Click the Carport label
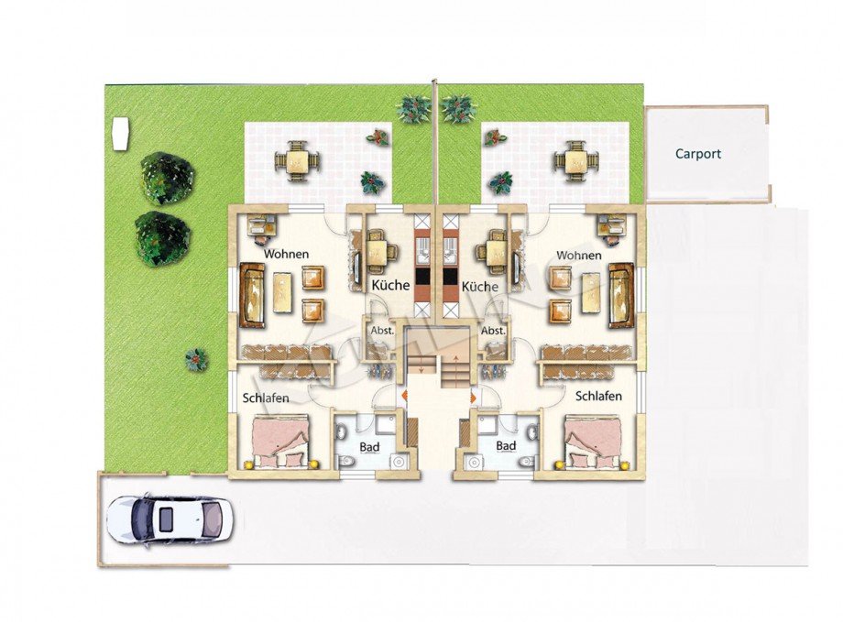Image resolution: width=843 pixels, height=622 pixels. (x=698, y=154)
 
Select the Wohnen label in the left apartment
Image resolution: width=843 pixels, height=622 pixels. (x=286, y=254)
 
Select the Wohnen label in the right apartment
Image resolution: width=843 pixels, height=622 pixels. (x=578, y=255)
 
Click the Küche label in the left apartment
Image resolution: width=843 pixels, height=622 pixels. (x=390, y=284)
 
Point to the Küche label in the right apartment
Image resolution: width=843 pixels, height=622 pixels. (x=479, y=286)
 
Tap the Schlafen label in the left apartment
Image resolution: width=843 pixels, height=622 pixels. (x=266, y=398)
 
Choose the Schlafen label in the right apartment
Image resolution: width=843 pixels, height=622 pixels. (x=598, y=397)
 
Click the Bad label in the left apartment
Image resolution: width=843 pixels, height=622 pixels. (x=369, y=447)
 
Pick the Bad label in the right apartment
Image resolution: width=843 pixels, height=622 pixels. (x=506, y=446)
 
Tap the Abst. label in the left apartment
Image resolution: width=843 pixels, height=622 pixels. (x=382, y=331)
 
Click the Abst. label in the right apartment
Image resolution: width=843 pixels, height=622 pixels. (x=493, y=331)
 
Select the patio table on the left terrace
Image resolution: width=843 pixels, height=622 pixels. (x=297, y=159)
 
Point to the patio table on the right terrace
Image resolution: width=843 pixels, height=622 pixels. (x=576, y=159)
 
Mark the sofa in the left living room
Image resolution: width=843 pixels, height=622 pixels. (x=252, y=295)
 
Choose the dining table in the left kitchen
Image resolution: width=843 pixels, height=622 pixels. (x=383, y=252)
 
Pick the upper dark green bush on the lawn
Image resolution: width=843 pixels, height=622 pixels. (x=167, y=178)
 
